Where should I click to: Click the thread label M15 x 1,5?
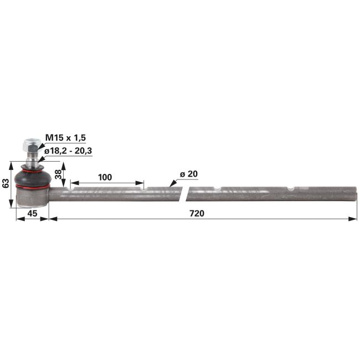pos(65,138)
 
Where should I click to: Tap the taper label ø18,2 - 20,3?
pos(68,151)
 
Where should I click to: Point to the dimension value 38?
pos(59,174)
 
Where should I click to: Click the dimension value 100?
pos(105,177)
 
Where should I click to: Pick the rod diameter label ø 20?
pos(189,174)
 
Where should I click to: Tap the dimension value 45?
pos(32,214)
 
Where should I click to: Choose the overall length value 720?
pos(197,214)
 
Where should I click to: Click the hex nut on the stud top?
pos(30,144)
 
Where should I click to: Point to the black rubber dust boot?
pos(32,176)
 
